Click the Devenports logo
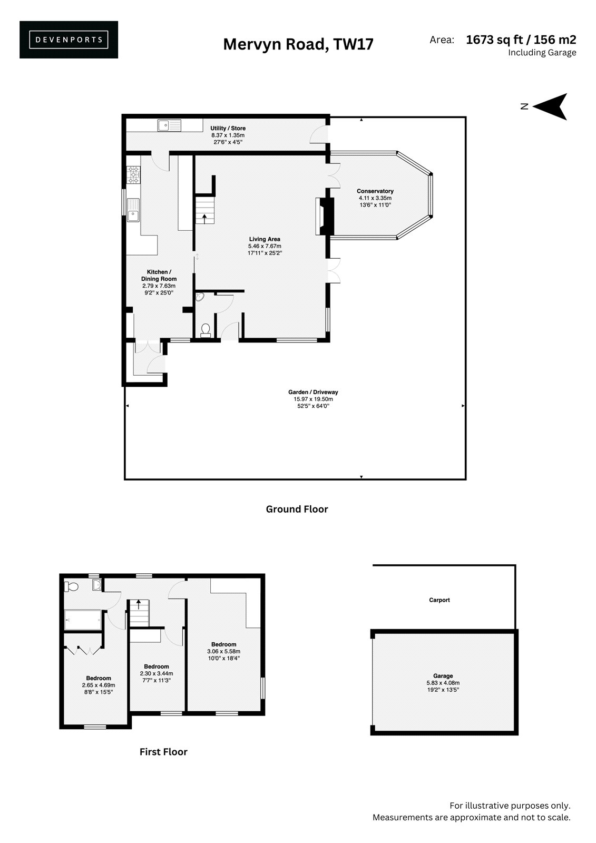(69, 40)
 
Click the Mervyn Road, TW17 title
(298, 44)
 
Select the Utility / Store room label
(228, 129)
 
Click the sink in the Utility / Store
(170, 125)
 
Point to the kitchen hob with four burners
(133, 175)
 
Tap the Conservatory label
(375, 191)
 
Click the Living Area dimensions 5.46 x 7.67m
(265, 246)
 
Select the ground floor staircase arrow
(204, 219)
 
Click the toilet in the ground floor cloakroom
(205, 330)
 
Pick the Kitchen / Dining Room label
(159, 275)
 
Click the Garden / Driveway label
(313, 392)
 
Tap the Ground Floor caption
(297, 509)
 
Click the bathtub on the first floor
(83, 620)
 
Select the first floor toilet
(71, 587)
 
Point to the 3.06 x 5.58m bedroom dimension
(223, 651)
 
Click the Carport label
(439, 600)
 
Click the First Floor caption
(163, 752)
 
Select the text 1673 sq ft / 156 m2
(521, 40)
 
